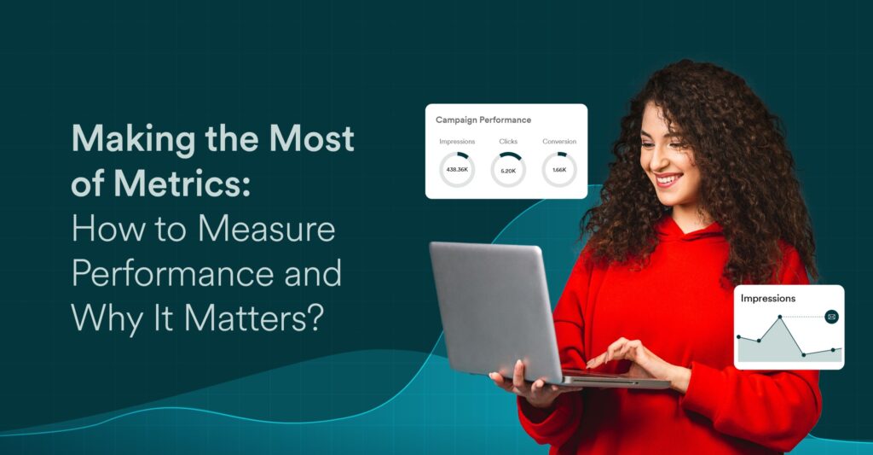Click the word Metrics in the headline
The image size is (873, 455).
pos(182,184)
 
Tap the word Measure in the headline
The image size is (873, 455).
pos(267,229)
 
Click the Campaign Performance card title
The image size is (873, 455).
pos(483,120)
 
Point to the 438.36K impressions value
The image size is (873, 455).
pos(457,169)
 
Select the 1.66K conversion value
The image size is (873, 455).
pos(559,170)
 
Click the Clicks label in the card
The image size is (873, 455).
pos(508,142)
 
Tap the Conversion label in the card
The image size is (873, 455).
pos(559,142)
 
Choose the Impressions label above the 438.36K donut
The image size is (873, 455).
pos(457,142)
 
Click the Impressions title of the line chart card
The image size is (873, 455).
pos(768,299)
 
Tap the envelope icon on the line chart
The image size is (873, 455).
pos(832,317)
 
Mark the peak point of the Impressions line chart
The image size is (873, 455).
pos(780,317)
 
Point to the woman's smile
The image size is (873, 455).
pos(668,179)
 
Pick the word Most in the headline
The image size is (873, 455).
pos(311,138)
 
